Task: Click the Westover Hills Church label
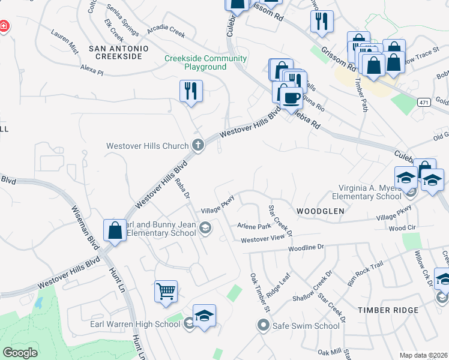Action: pyautogui.click(x=147, y=146)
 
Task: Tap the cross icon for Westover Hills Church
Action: pyautogui.click(x=198, y=145)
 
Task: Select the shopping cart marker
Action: pyautogui.click(x=166, y=292)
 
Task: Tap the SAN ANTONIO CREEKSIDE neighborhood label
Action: pyautogui.click(x=115, y=52)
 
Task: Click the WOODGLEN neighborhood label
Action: pyautogui.click(x=320, y=211)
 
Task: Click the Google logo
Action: pyautogui.click(x=20, y=353)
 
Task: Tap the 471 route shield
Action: pyautogui.click(x=424, y=103)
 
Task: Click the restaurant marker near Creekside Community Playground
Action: pyautogui.click(x=191, y=91)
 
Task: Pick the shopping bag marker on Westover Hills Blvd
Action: pyautogui.click(x=115, y=230)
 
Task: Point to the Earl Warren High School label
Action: pyautogui.click(x=134, y=325)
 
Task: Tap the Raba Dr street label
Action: pyautogui.click(x=182, y=193)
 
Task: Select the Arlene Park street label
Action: pyautogui.click(x=254, y=226)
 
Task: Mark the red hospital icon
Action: pyautogui.click(x=4, y=26)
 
